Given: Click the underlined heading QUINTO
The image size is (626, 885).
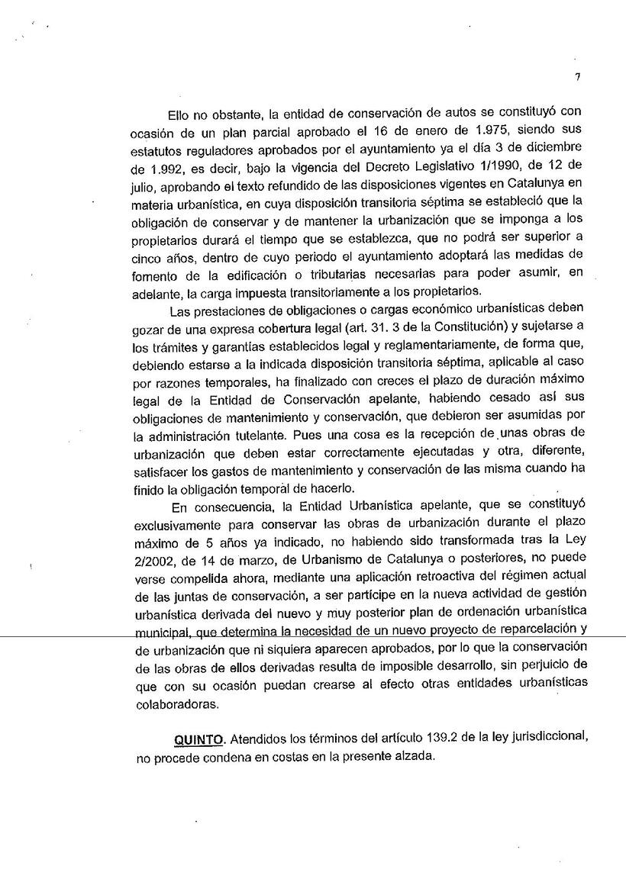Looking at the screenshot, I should coord(200,739).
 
